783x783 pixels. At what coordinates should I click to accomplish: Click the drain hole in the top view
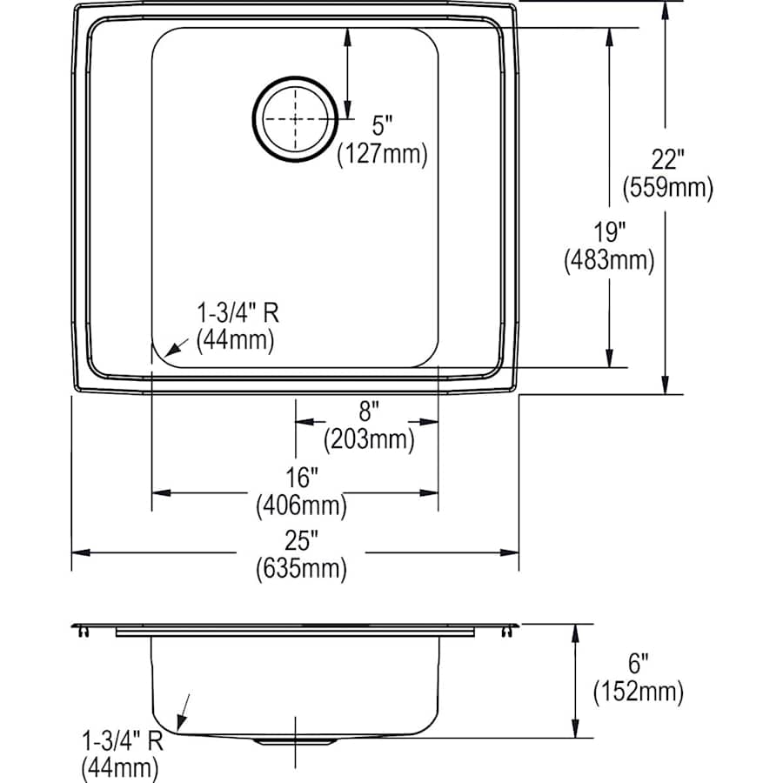pos(295,119)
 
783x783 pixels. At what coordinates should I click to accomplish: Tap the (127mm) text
pos(383,155)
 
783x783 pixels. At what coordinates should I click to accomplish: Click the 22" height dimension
pos(667,160)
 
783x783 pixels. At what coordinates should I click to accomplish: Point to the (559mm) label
pos(667,186)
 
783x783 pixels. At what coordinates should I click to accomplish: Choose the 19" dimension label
pos(608,232)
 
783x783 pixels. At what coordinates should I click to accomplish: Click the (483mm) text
pos(608,259)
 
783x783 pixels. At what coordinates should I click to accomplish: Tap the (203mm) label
pos(368,439)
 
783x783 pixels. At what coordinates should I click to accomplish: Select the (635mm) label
pos(301,569)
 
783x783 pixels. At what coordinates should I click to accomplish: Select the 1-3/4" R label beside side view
pos(121,742)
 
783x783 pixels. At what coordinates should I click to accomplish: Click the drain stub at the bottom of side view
pos(296,741)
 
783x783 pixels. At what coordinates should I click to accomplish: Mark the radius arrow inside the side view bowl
pos(182,711)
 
